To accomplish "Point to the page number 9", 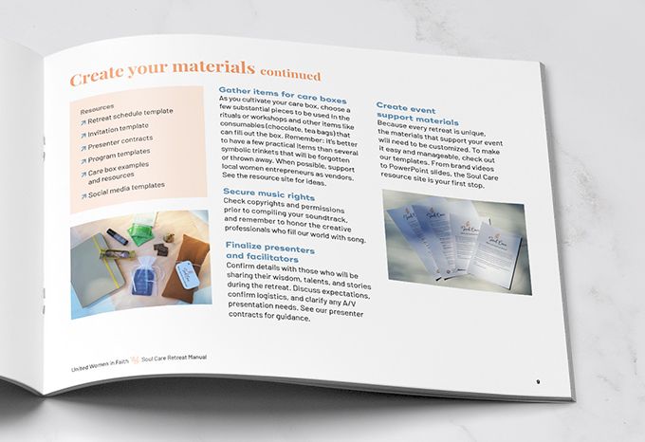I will (x=538, y=381).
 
